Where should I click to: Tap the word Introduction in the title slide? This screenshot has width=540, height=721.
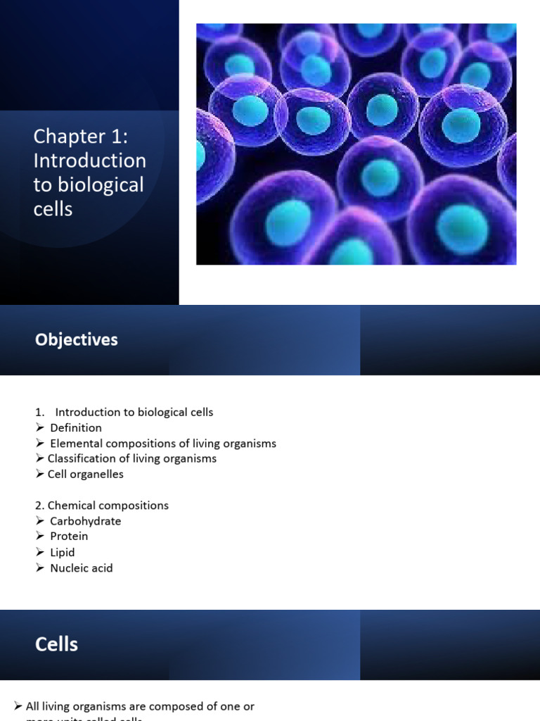[x=90, y=161]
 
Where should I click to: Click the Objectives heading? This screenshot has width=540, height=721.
[x=77, y=339]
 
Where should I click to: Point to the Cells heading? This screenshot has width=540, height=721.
[x=56, y=644]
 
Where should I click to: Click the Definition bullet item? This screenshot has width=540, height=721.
[x=76, y=427]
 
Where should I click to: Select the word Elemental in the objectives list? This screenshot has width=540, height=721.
[x=76, y=444]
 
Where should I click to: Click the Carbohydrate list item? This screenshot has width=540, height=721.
[x=85, y=521]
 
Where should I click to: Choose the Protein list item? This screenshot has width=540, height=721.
[x=70, y=537]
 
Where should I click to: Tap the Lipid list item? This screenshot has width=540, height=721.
[x=62, y=553]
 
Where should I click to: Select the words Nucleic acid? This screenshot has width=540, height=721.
[x=81, y=568]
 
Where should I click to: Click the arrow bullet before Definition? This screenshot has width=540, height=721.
[x=40, y=427]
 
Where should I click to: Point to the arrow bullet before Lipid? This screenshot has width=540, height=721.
[x=40, y=553]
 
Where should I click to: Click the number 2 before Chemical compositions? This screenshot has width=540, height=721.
[x=39, y=506]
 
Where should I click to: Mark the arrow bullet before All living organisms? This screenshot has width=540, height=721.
[x=18, y=706]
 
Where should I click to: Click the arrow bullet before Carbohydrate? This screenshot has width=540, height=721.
[x=40, y=521]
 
